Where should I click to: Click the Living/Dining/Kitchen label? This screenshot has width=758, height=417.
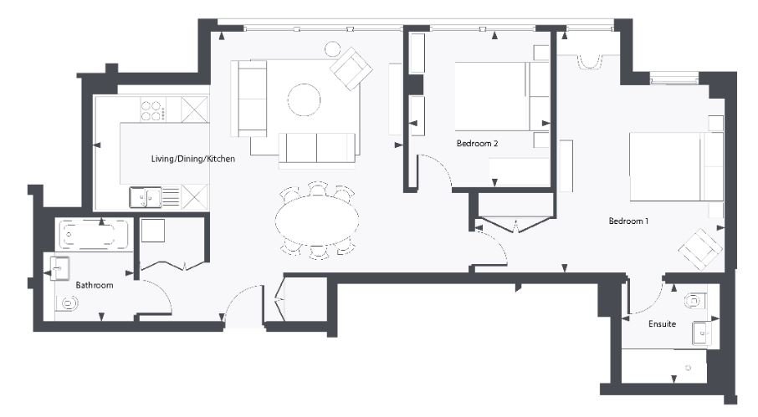tap(192, 159)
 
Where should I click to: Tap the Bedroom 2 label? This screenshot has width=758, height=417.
tap(478, 144)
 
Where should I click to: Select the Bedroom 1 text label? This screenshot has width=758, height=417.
tap(628, 221)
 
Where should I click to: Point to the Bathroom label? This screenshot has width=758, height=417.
tap(94, 286)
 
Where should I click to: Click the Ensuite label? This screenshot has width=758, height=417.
tap(663, 323)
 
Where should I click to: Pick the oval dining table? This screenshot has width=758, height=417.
tap(317, 220)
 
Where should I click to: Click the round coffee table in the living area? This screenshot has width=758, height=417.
tap(304, 100)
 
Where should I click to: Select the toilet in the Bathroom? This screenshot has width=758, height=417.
tap(65, 304)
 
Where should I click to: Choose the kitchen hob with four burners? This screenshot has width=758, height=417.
tap(153, 109)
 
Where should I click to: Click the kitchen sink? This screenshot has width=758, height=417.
tap(145, 197)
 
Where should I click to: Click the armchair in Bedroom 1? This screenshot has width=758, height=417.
tap(699, 247)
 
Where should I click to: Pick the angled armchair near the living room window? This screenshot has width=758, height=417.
tap(351, 67)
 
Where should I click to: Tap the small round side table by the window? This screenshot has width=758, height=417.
tap(332, 48)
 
